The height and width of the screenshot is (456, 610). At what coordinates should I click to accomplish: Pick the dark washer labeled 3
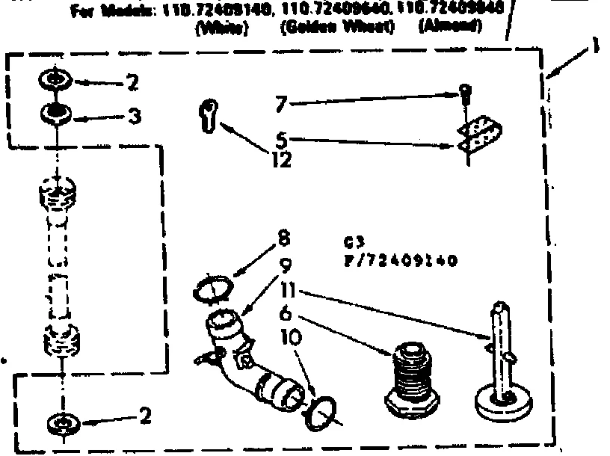click(57, 114)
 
